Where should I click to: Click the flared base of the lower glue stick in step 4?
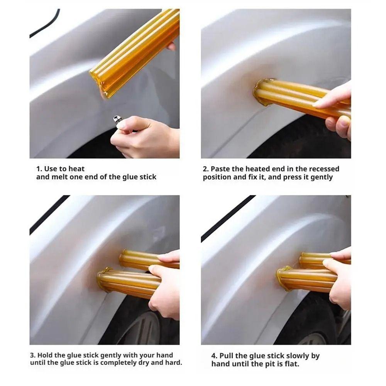point(284,279)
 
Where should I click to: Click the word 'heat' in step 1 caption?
point(77,169)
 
